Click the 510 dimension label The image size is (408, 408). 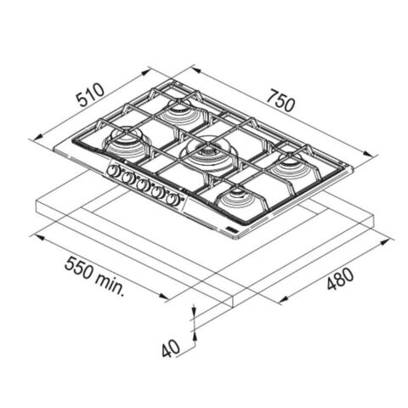[x=91, y=94]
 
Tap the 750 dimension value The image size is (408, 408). [x=280, y=100]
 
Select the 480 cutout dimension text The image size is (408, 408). [x=340, y=279]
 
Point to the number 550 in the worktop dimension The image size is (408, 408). [x=78, y=268]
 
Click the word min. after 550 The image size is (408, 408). [x=110, y=284]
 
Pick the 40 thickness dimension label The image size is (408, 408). [x=171, y=348]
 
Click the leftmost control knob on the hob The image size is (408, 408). [x=114, y=171]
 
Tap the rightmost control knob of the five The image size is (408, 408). [x=173, y=199]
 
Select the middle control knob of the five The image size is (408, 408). [x=143, y=184]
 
